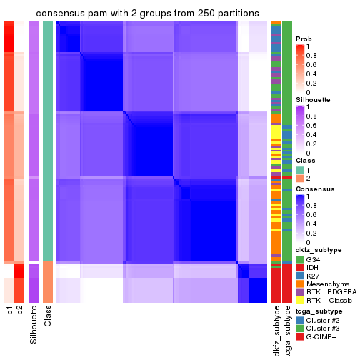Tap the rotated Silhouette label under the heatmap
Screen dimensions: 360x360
tap(34, 325)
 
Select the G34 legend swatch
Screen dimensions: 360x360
tap(299, 259)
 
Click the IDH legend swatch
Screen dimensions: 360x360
tap(299, 269)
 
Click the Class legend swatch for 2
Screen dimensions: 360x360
tap(299, 179)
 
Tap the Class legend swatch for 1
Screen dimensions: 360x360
tap(299, 169)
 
